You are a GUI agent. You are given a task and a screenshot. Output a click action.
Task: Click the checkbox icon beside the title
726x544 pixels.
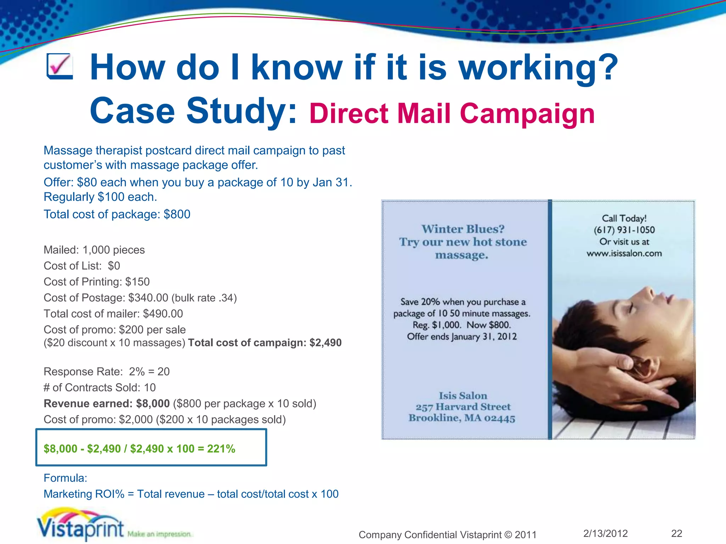pyautogui.click(x=60, y=66)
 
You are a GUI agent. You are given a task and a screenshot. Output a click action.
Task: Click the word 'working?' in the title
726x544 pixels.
pyautogui.click(x=538, y=67)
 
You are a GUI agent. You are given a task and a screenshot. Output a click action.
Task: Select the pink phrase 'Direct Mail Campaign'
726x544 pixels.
pyautogui.click(x=452, y=114)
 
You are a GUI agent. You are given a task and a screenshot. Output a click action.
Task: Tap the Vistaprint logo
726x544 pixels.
pyautogui.click(x=81, y=525)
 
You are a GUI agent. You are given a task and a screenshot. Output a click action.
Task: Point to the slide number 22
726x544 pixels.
pyautogui.click(x=676, y=533)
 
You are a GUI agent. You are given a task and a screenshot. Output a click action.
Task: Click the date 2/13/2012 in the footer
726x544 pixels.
pyautogui.click(x=605, y=533)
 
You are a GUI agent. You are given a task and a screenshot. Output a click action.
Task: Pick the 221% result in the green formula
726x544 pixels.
pyautogui.click(x=221, y=449)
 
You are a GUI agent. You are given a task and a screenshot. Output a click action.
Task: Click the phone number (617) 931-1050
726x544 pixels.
pyautogui.click(x=624, y=230)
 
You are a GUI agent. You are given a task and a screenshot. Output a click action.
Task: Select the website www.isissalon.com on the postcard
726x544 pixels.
pyautogui.click(x=624, y=253)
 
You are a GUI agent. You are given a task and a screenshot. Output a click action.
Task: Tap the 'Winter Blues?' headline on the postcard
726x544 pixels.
pyautogui.click(x=463, y=229)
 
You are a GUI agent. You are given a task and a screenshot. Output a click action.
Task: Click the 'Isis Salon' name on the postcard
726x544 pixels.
pyautogui.click(x=463, y=395)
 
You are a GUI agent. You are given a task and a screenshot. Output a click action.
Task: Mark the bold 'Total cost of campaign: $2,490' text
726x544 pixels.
pyautogui.click(x=265, y=342)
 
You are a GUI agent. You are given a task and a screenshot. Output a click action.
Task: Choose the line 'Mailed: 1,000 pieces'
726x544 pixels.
pyautogui.click(x=94, y=250)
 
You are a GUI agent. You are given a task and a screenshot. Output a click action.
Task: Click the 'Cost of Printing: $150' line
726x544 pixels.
pyautogui.click(x=96, y=282)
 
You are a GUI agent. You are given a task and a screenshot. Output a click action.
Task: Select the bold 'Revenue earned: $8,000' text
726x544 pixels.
pyautogui.click(x=107, y=403)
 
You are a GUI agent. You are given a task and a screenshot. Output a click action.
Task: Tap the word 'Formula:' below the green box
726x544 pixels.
pyautogui.click(x=65, y=478)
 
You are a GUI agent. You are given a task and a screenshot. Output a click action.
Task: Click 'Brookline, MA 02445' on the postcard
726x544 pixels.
pyautogui.click(x=462, y=418)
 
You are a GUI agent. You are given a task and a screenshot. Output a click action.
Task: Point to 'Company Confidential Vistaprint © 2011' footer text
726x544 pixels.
pyautogui.click(x=447, y=534)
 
